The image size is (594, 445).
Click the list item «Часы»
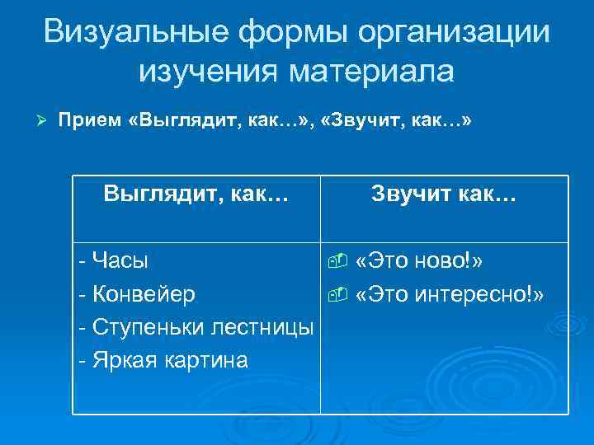[120, 261]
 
